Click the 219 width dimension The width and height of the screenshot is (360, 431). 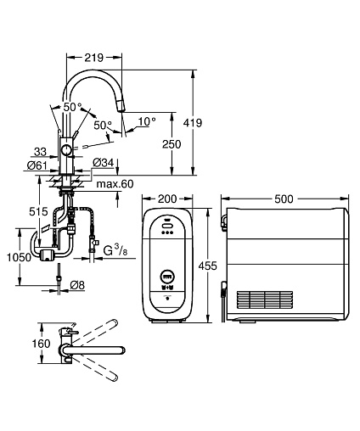pos(94,58)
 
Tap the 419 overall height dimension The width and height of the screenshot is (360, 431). pos(193,123)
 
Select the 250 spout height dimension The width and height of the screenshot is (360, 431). pos(172,144)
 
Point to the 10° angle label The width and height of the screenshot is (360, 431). pos(147,121)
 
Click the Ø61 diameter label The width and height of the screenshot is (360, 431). pos(37,165)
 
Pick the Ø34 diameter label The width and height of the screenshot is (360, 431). pos(104,163)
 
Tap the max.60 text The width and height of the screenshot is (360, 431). pos(115,184)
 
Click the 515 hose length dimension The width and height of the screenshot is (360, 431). pos(38,211)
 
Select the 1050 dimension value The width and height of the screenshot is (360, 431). pos(20,257)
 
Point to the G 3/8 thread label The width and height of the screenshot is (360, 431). pos(115,251)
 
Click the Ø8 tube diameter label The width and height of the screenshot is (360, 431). pos(77,285)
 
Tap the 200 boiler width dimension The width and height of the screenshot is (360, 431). pos(167,199)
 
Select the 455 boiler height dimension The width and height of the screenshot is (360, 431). pos(207,266)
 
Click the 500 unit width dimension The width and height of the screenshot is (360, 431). pos(284,199)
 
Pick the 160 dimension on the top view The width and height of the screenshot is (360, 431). pos(41,344)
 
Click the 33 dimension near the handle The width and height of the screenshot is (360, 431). pos(40,152)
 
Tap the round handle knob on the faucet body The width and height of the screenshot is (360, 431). pos(67,149)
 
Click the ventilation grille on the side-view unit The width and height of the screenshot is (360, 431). pos(265,299)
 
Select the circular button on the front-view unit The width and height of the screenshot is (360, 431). pos(167,277)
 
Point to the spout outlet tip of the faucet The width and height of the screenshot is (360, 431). pos(122,109)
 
